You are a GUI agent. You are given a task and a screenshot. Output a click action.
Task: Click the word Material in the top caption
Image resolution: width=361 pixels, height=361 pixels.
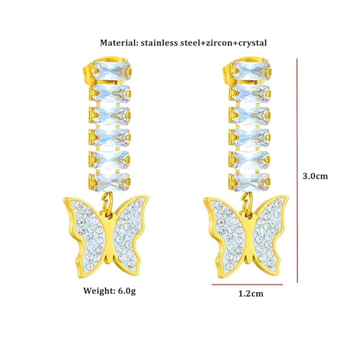tap(118, 43)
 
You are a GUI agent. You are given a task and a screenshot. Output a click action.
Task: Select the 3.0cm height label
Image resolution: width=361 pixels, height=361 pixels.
tap(315, 176)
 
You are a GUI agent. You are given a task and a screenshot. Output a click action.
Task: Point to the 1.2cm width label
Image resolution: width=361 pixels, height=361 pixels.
tap(251, 293)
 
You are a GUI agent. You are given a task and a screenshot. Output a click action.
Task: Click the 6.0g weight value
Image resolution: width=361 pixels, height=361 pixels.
tap(126, 291)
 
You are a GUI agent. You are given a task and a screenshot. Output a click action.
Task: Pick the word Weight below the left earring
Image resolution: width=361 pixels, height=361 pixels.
tap(99, 291)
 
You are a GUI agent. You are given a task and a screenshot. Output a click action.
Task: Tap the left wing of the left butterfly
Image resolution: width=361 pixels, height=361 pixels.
tap(87, 228)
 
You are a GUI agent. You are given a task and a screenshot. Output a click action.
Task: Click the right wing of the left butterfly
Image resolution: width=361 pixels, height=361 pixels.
tap(131, 228)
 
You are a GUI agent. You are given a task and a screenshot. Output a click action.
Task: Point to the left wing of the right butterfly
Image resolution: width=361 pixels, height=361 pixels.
tap(229, 228)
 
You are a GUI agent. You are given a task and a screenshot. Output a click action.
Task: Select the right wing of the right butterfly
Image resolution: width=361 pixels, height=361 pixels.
tap(272, 228)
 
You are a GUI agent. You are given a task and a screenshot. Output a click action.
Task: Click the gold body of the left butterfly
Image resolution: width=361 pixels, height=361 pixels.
tap(109, 237)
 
